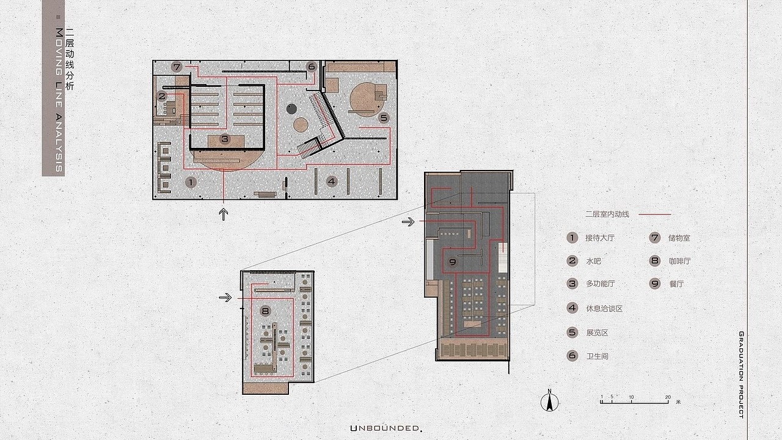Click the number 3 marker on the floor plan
pyautogui.click(x=225, y=139)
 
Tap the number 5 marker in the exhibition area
pyautogui.click(x=384, y=118)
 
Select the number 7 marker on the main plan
pyautogui.click(x=177, y=67)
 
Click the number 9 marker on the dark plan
pyautogui.click(x=453, y=262)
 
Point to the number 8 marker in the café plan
pyautogui.click(x=265, y=311)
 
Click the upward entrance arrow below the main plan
pyautogui.click(x=224, y=214)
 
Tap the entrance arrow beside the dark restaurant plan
pyautogui.click(x=408, y=221)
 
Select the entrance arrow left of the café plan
pyautogui.click(x=225, y=298)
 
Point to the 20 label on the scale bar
pyautogui.click(x=668, y=397)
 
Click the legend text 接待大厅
pyautogui.click(x=600, y=238)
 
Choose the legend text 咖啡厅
pyautogui.click(x=679, y=261)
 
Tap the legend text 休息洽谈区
pyautogui.click(x=604, y=309)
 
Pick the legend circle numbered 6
pyautogui.click(x=572, y=356)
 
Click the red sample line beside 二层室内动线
pyautogui.click(x=654, y=214)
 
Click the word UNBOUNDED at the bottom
pyautogui.click(x=386, y=428)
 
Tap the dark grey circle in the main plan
pyautogui.click(x=291, y=109)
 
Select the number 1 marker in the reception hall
pyautogui.click(x=191, y=182)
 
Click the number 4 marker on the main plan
pyautogui.click(x=331, y=182)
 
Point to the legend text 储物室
pyautogui.click(x=679, y=238)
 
